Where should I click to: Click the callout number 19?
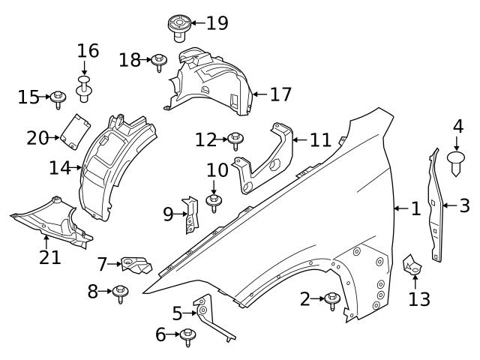coord(217,22)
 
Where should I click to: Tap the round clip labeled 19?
coord(178,26)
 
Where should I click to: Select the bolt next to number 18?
coord(159,61)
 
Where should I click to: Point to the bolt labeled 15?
coord(58,97)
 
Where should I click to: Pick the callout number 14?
coord(60,168)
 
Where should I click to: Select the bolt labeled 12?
coord(235,139)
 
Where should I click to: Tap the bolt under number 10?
coord(214,202)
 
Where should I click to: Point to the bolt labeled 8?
coord(118,293)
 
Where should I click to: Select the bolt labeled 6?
coord(187,336)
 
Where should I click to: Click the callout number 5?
coord(177,313)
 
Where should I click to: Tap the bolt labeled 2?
coord(331,300)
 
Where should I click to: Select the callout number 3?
coord(464,205)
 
